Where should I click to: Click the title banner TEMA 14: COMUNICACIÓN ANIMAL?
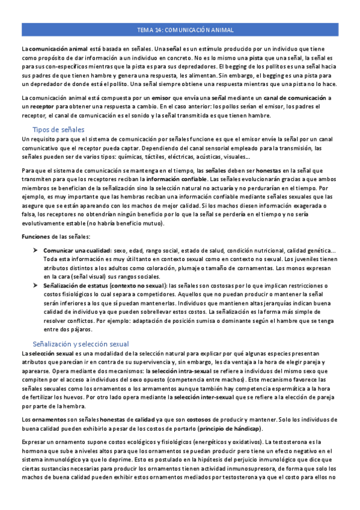[x=180, y=29]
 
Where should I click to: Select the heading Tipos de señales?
[x=58, y=129]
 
